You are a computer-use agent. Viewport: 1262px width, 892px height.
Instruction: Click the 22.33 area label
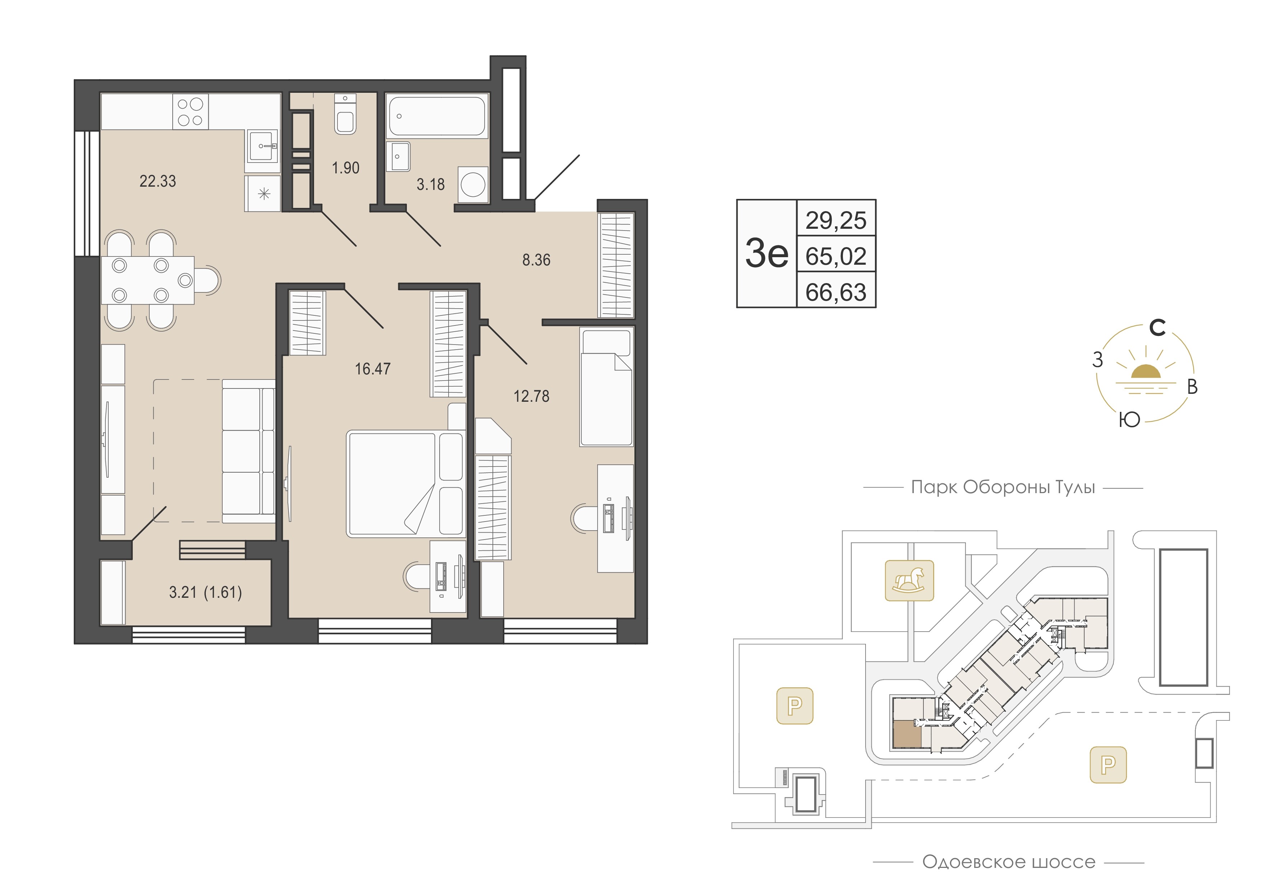click(158, 181)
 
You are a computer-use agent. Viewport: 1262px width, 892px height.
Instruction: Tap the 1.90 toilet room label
click(346, 168)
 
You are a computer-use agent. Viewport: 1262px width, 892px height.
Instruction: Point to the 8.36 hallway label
click(536, 259)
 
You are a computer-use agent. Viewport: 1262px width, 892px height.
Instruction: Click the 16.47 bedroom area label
click(373, 368)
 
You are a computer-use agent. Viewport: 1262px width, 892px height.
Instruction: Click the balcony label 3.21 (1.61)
click(205, 592)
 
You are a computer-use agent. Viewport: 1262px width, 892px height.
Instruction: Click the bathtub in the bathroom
click(437, 116)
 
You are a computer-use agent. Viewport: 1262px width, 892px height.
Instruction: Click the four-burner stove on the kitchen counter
click(190, 111)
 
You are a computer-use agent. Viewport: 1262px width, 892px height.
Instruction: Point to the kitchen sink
click(263, 146)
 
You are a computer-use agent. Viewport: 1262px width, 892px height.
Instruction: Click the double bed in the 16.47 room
click(406, 483)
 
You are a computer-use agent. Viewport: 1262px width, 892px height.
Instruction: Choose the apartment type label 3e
click(767, 253)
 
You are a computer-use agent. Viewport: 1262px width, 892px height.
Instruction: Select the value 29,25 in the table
click(836, 221)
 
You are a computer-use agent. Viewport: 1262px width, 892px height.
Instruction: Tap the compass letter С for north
click(1158, 328)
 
